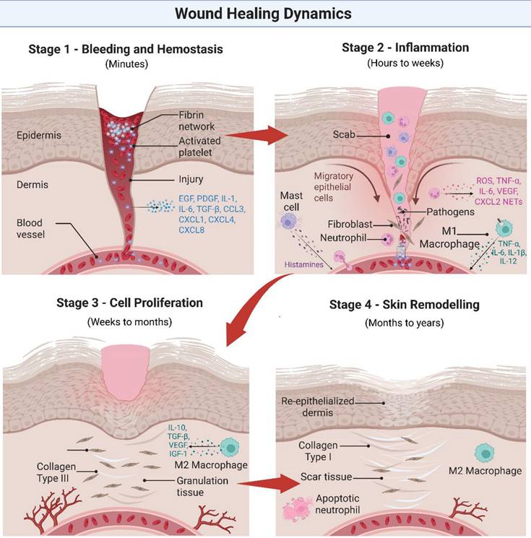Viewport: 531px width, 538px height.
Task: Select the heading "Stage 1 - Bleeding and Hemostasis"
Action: pos(125,49)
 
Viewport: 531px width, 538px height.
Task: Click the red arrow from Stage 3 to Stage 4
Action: pos(268,482)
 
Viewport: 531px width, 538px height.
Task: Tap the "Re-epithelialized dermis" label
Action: pos(319,406)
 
